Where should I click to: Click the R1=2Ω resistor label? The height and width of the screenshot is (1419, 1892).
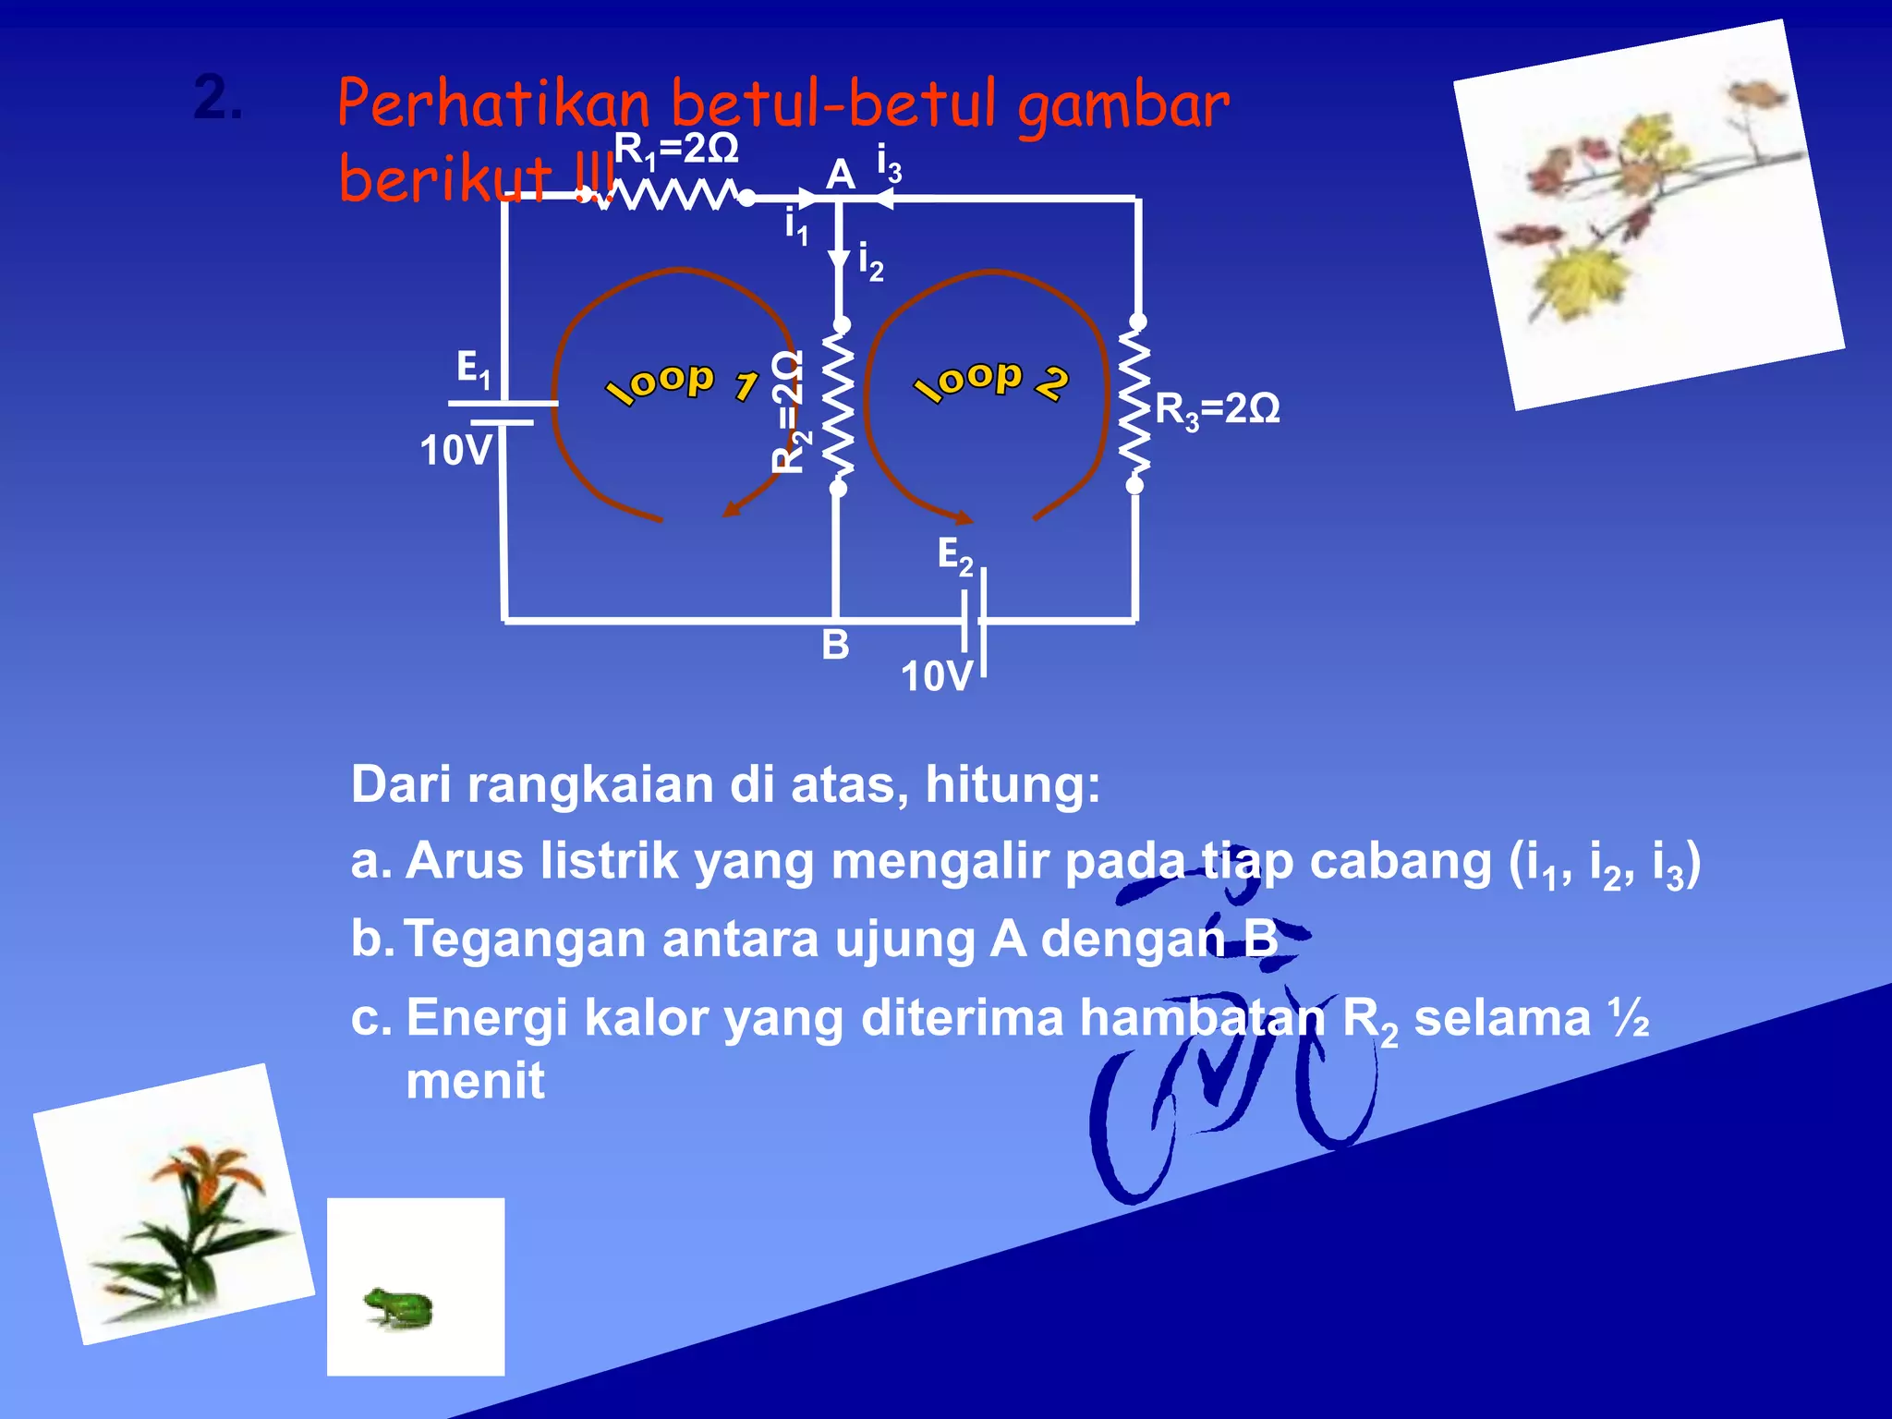pyautogui.click(x=676, y=150)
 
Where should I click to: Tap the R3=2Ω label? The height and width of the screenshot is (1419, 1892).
pyautogui.click(x=1217, y=409)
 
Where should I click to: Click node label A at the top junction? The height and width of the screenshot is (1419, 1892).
pyautogui.click(x=840, y=174)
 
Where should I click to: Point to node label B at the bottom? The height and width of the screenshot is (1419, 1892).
pyautogui.click(x=835, y=645)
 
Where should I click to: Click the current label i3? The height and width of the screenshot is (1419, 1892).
pyautogui.click(x=889, y=164)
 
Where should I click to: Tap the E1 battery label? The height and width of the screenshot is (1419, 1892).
pyautogui.click(x=474, y=368)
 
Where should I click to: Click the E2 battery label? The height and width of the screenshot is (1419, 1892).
pyautogui.click(x=955, y=556)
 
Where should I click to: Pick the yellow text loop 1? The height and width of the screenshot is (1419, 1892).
pyautogui.click(x=682, y=383)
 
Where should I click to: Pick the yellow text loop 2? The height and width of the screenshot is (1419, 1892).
pyautogui.click(x=990, y=381)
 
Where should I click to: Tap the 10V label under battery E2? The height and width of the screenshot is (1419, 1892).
pyautogui.click(x=937, y=676)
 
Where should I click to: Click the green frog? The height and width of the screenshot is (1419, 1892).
pyautogui.click(x=399, y=1306)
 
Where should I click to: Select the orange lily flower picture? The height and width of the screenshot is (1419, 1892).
pyautogui.click(x=185, y=1210)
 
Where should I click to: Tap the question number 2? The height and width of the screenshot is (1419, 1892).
pyautogui.click(x=218, y=98)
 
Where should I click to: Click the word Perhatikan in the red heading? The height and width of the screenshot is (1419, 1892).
pyautogui.click(x=493, y=104)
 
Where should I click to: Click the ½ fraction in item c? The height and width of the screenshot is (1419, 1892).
pyautogui.click(x=1629, y=1018)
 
